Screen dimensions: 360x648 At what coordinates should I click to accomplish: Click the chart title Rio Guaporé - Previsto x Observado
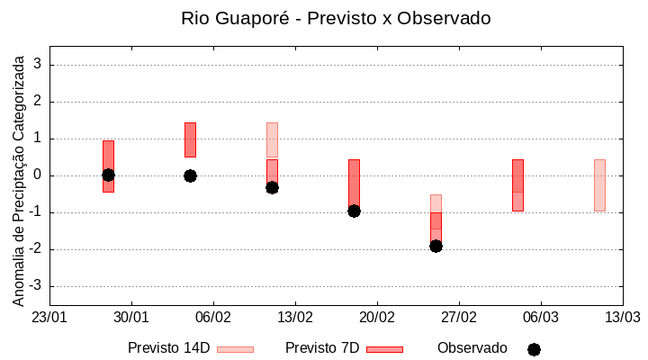click(x=336, y=18)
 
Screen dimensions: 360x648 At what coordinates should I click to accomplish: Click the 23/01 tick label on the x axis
click(x=49, y=318)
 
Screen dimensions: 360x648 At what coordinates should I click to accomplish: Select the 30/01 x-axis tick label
click(x=131, y=318)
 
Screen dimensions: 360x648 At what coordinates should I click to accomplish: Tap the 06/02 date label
click(x=213, y=318)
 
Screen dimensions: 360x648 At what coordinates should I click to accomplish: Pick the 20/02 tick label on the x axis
click(x=377, y=318)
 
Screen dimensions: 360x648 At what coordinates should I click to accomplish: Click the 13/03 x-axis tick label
click(x=622, y=318)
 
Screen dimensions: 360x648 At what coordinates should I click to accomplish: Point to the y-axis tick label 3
click(x=39, y=65)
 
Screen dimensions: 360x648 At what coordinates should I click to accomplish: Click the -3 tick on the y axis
click(x=36, y=286)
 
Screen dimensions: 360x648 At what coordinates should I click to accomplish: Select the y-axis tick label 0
click(x=39, y=175)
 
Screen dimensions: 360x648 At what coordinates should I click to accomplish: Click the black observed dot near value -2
click(x=436, y=246)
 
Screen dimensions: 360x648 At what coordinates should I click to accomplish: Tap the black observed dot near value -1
click(x=354, y=211)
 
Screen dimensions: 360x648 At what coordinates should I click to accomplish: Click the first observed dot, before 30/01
click(x=108, y=175)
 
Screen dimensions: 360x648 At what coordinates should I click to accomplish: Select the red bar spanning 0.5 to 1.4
click(x=190, y=139)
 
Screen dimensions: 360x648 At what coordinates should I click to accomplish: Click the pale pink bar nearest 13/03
click(x=599, y=185)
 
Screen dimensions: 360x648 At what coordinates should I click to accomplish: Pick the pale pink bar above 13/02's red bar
click(x=272, y=139)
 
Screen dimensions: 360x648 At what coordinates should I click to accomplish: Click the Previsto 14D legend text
click(x=168, y=348)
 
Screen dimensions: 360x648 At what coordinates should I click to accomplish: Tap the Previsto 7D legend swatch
click(x=384, y=348)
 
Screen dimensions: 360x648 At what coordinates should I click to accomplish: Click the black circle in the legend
click(x=534, y=349)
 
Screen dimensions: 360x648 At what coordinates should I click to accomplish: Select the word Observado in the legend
click(x=472, y=348)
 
